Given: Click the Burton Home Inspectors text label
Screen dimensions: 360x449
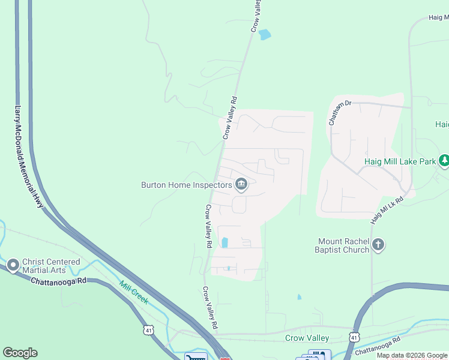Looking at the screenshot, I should tap(186, 185).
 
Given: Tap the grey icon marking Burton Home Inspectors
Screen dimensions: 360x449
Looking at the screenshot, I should tap(241, 184).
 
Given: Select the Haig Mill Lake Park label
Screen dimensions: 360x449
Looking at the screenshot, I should tap(400, 161).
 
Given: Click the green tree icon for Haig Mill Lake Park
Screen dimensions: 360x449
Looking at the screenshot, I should tap(444, 161).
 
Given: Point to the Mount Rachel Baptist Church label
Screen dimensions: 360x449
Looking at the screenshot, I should tap(343, 245).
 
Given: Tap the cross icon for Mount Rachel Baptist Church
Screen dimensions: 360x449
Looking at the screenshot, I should tap(378, 244).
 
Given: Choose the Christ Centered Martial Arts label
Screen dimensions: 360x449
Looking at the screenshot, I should tap(51, 266).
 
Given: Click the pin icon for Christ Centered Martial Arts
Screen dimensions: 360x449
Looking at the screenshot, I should tap(13, 265).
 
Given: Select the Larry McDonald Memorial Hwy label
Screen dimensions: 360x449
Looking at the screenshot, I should tap(29, 158).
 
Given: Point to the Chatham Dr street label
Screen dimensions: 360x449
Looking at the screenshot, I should tap(339, 112).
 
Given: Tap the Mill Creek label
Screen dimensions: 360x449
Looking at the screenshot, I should tap(133, 292).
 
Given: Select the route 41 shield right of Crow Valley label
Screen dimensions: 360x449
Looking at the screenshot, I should tap(355, 338).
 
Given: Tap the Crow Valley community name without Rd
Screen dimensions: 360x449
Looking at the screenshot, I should tap(307, 338).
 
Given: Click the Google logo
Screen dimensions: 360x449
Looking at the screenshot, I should tap(20, 353).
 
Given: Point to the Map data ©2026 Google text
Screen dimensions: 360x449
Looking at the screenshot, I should tap(412, 355).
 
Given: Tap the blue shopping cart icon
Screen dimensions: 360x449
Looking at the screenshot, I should tap(195, 357).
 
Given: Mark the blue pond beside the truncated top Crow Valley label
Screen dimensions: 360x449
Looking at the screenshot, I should tap(264, 35).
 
